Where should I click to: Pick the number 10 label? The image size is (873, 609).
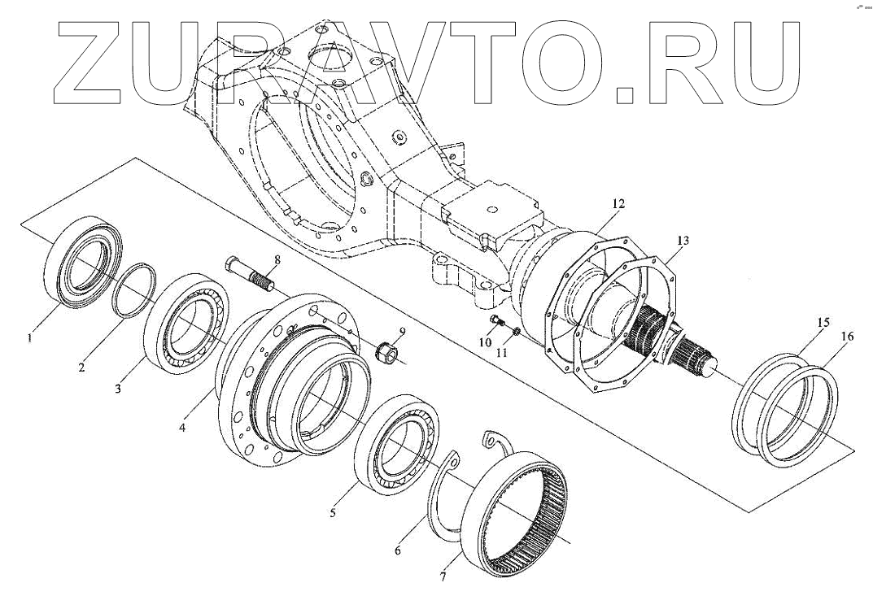[485, 342]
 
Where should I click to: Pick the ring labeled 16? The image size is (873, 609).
[801, 415]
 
